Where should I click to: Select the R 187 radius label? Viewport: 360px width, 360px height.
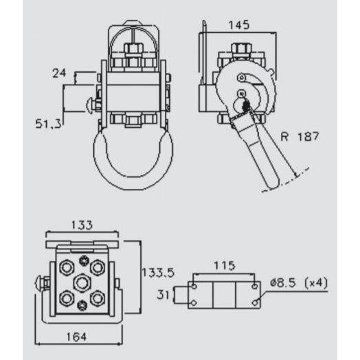(300, 137)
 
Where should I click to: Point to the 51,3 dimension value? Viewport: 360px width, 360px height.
(49, 123)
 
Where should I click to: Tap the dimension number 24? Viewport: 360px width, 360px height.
(60, 71)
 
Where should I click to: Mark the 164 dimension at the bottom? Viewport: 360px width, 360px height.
(77, 337)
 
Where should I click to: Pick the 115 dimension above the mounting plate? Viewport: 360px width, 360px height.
(224, 265)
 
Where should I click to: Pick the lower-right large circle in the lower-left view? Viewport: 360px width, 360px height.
(98, 298)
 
